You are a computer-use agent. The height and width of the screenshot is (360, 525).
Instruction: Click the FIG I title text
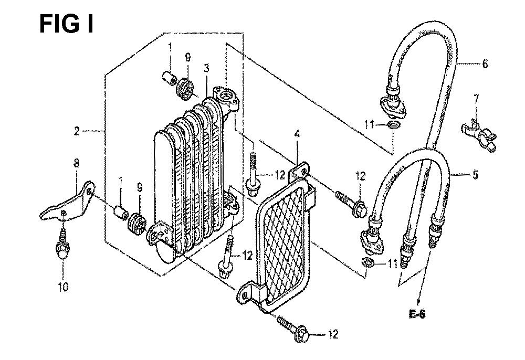click(x=66, y=24)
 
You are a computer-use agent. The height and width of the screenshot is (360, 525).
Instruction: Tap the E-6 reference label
click(x=417, y=314)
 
